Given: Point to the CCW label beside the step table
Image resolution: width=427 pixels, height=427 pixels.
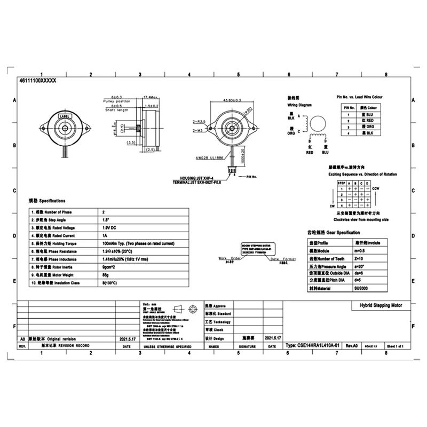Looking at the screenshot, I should tap(375, 188).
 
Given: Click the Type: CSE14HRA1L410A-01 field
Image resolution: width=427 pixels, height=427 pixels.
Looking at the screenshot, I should tap(314, 345).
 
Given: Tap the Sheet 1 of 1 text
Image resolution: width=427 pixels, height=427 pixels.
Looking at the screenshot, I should tap(397, 345).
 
